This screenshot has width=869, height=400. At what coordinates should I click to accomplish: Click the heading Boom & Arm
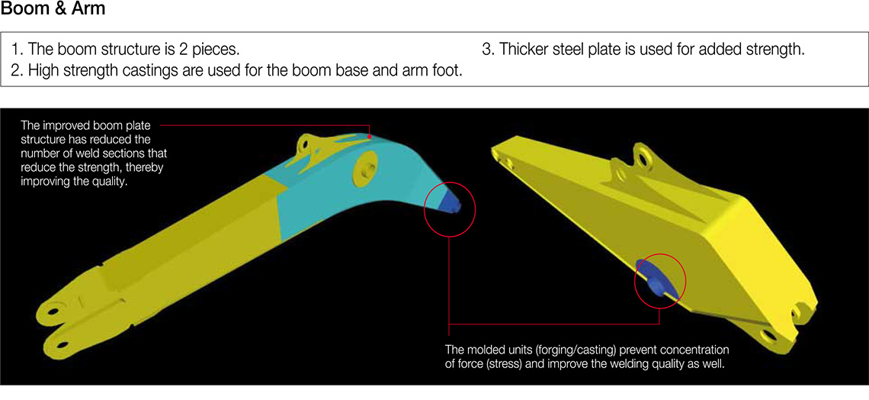(x=53, y=9)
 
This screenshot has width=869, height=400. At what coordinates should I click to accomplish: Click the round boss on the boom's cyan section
(x=365, y=167)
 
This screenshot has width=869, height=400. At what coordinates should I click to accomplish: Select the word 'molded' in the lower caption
(x=484, y=352)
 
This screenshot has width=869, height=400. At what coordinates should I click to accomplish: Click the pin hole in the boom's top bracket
(x=303, y=144)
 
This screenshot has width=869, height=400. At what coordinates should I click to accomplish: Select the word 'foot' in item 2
(x=447, y=72)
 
